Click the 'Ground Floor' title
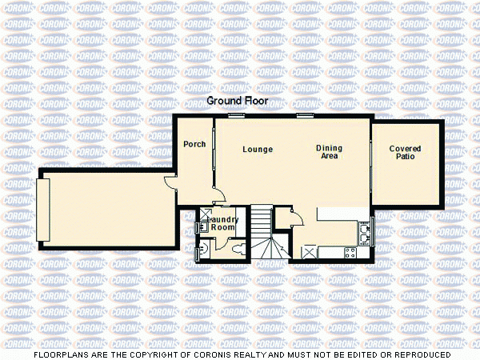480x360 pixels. pos(238,102)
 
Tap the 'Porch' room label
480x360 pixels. pos(194,145)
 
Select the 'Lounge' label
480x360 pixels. pos(258,150)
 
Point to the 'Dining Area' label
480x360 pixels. pos(328,152)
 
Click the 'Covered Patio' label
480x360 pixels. pos(405,153)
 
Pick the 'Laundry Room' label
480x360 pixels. pos(219,223)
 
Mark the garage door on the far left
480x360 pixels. pos(42,210)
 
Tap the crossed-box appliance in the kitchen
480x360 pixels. pos(309,251)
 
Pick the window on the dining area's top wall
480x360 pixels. pos(305,116)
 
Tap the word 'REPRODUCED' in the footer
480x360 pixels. pos(417,354)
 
